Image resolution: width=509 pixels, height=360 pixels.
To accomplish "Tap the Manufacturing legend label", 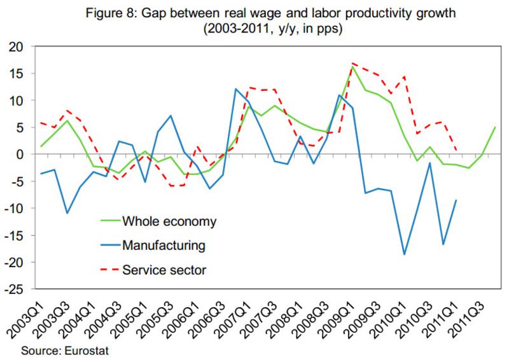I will click(x=164, y=245).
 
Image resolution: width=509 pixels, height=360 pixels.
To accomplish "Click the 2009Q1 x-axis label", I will click(x=338, y=317).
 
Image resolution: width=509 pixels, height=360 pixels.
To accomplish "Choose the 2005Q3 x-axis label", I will click(x=164, y=317).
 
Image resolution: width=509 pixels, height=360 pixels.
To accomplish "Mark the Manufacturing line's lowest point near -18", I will click(x=405, y=254).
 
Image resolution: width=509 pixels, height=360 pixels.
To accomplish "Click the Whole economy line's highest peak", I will click(x=352, y=66).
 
